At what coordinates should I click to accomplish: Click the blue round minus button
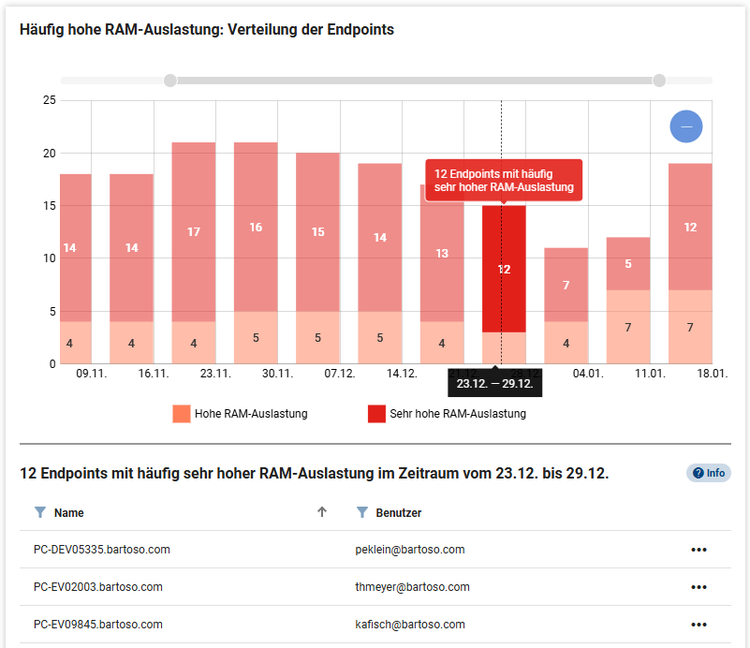686,126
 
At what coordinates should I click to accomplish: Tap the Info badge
709,473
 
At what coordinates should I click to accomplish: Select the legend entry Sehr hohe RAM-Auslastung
445,413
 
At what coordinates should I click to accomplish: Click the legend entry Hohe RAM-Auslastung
240,413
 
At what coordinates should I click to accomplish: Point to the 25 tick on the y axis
50,100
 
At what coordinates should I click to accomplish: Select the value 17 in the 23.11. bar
194,231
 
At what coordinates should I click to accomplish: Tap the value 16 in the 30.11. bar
256,227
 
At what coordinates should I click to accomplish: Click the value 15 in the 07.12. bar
318,232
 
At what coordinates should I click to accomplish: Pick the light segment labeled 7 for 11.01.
628,327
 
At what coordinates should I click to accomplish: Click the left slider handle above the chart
169,81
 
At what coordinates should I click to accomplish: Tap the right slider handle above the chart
659,81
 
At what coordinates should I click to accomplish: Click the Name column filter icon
39,512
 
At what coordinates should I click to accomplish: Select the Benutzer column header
398,512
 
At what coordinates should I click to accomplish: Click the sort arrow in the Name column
322,512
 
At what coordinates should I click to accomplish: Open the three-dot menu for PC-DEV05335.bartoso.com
699,550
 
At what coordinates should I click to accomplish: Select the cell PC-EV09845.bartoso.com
97,625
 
